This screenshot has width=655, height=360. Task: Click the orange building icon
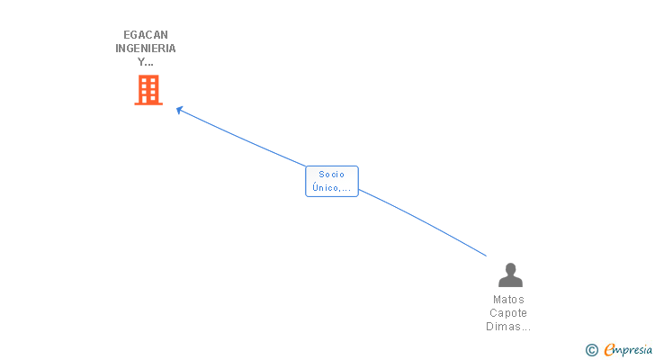148,90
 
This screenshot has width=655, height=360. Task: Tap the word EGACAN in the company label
146,35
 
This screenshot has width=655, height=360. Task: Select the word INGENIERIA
146,49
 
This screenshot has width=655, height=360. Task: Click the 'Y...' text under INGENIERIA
146,62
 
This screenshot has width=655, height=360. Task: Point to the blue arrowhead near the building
179,110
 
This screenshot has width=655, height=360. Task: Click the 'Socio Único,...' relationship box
332,181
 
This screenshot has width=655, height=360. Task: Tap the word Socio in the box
332,175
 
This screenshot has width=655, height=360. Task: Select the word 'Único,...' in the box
332,188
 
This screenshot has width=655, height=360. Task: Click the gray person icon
510,274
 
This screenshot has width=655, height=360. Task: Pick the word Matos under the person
508,300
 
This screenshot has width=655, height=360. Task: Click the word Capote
508,313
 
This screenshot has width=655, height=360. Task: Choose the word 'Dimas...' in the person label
508,327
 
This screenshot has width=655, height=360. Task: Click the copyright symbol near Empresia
591,350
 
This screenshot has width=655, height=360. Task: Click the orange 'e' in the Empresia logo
610,350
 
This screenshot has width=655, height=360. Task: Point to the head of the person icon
510,268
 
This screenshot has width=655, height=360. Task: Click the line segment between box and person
423,221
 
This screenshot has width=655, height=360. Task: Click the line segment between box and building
243,138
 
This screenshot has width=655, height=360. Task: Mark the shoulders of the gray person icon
510,282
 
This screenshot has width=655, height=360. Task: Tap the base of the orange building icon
148,103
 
